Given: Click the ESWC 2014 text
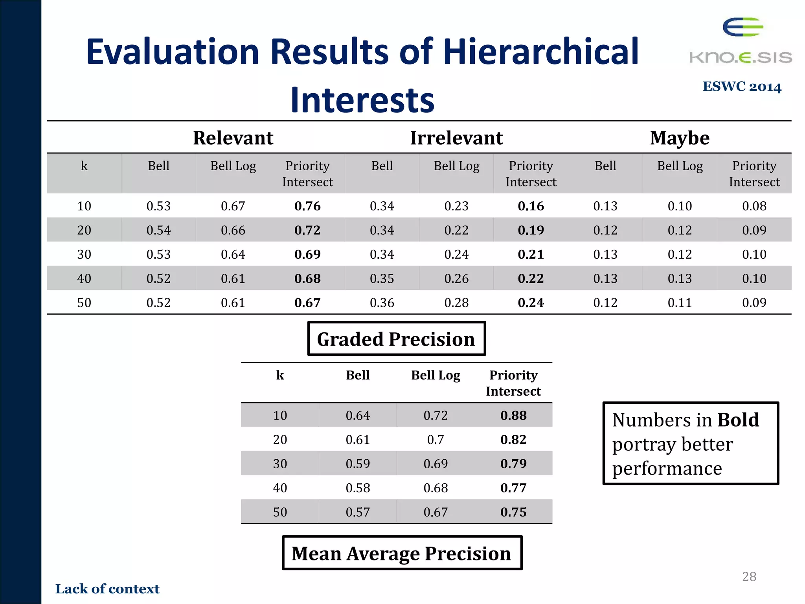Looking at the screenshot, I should [742, 87].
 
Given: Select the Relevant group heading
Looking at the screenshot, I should [233, 138].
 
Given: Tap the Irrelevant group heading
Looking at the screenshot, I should [456, 138].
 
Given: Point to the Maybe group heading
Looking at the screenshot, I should [680, 138].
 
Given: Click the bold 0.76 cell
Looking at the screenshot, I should [307, 206].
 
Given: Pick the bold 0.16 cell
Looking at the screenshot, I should [531, 206].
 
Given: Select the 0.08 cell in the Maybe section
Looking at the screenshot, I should [754, 206].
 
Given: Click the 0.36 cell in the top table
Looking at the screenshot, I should [382, 303].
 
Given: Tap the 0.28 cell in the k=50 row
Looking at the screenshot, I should [456, 303].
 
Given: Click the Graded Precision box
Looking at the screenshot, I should [396, 339].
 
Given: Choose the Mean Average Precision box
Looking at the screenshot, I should [402, 553].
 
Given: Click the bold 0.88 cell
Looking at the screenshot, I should [513, 416].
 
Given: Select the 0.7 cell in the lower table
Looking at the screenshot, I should [436, 440].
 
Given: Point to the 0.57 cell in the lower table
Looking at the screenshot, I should [358, 512].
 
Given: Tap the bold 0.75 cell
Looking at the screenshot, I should [513, 512].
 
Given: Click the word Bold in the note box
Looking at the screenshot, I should [738, 420].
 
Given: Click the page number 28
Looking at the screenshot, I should [749, 577].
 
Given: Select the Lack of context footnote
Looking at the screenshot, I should [107, 589].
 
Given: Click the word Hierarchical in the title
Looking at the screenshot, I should [541, 52].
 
